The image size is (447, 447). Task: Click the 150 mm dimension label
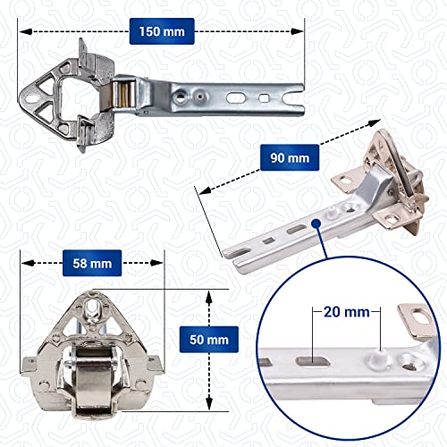[x=162, y=31]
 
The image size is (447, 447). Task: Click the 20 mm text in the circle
[x=343, y=314]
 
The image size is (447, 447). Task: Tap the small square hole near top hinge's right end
[x=266, y=94]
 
